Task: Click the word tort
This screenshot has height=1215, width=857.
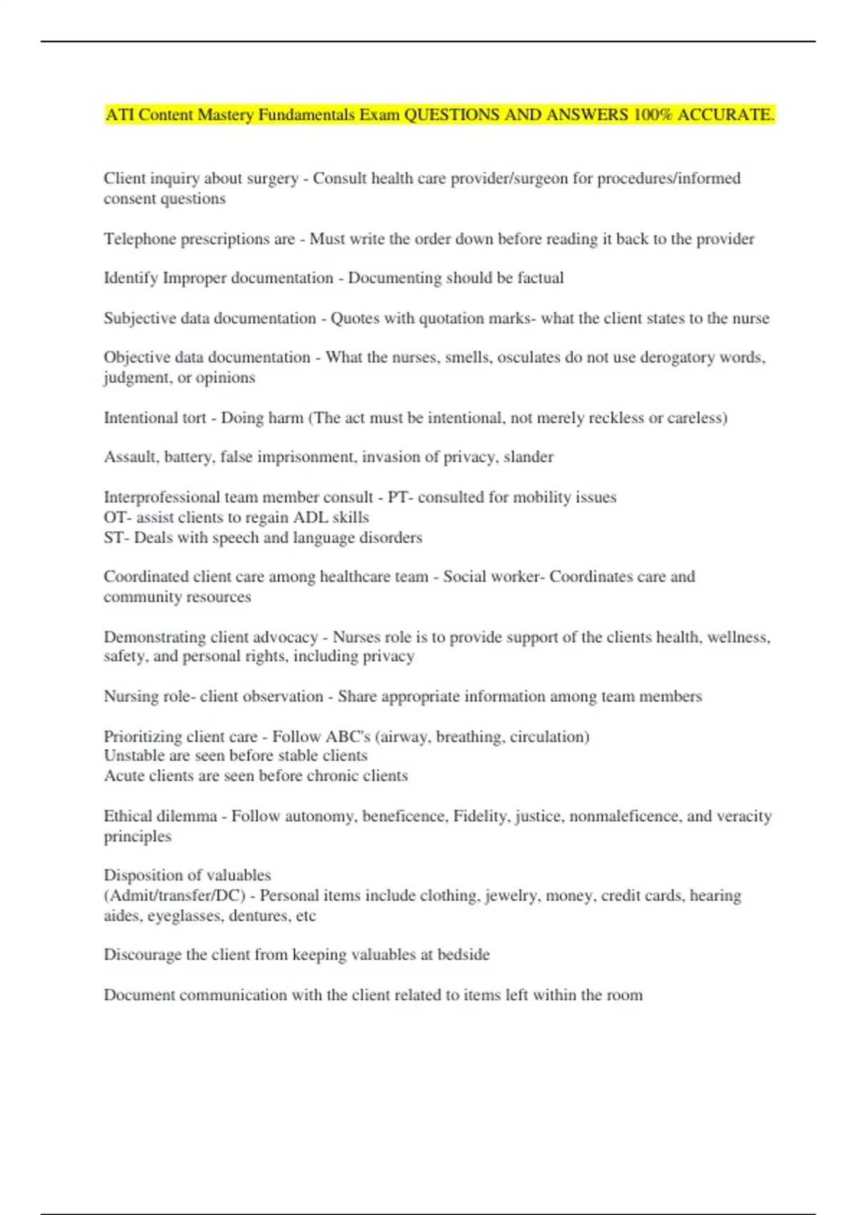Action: [x=194, y=417]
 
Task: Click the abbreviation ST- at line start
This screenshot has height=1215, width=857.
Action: [x=116, y=537]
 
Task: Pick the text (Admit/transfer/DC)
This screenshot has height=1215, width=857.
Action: [x=175, y=896]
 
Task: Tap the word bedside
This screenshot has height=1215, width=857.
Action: [x=463, y=955]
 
